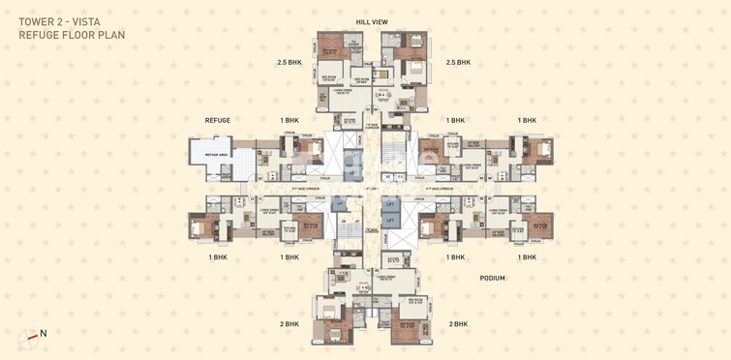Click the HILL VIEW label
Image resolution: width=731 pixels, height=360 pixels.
click(x=372, y=20)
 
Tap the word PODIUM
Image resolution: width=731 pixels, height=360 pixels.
click(x=492, y=278)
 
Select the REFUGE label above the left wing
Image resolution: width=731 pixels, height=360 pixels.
click(x=218, y=120)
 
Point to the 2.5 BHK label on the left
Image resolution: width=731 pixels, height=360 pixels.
click(x=289, y=63)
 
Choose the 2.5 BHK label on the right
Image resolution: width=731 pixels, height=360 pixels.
click(x=457, y=63)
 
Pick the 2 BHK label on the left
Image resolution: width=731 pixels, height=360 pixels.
click(x=289, y=324)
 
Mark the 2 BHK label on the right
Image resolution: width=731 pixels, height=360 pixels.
click(x=457, y=324)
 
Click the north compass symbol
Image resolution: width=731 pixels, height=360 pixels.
click(x=26, y=339)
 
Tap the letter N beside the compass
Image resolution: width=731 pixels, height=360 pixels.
click(x=43, y=334)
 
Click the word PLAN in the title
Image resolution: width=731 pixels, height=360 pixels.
click(x=110, y=36)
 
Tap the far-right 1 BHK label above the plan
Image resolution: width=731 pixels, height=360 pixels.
click(x=527, y=120)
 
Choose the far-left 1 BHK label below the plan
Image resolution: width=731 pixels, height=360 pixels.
click(x=218, y=257)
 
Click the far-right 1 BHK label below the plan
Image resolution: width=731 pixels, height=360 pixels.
click(x=527, y=257)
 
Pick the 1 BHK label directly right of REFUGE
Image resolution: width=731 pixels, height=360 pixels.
click(x=289, y=120)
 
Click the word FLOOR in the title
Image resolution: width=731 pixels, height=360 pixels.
click(x=77, y=36)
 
